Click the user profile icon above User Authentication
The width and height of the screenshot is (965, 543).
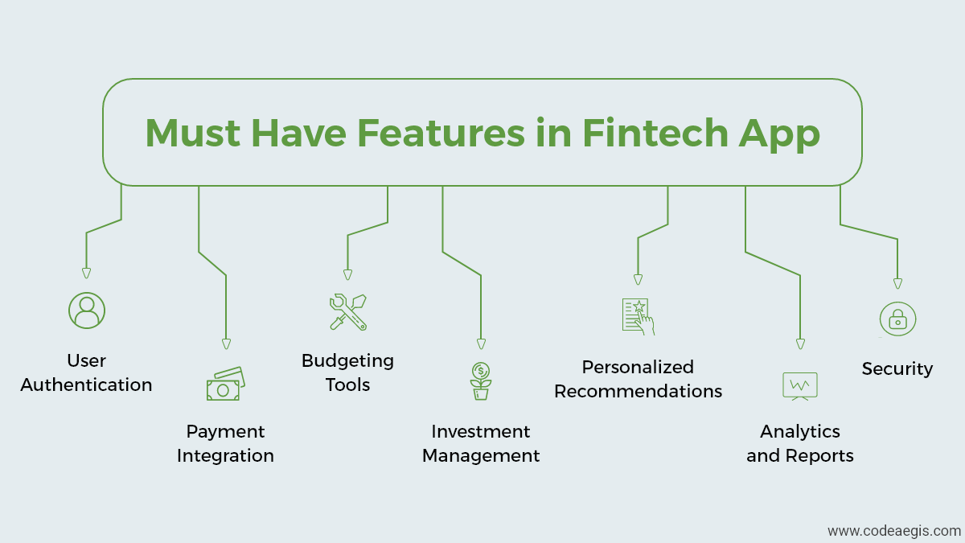(87, 311)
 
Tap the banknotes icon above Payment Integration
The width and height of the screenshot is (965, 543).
(226, 384)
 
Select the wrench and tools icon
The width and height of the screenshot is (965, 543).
(348, 312)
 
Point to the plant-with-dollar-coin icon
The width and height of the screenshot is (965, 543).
(481, 381)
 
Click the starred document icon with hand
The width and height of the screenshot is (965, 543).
(638, 316)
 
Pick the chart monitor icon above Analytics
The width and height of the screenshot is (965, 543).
(800, 386)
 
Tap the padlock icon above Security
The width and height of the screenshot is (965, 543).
(897, 319)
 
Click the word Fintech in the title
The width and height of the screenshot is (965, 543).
(655, 133)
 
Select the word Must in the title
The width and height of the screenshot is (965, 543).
(192, 133)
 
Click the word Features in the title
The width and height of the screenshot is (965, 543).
(441, 133)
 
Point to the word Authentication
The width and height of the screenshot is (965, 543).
(86, 385)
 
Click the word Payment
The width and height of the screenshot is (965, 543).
(225, 432)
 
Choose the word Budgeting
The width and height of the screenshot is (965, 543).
(347, 361)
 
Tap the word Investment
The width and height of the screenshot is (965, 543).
(481, 431)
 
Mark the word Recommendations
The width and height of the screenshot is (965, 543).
(638, 391)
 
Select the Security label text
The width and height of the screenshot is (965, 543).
(897, 369)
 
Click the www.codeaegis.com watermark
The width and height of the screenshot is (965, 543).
(894, 531)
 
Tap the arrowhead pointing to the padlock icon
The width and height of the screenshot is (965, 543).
(897, 283)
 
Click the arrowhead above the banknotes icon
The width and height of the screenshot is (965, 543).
(226, 344)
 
